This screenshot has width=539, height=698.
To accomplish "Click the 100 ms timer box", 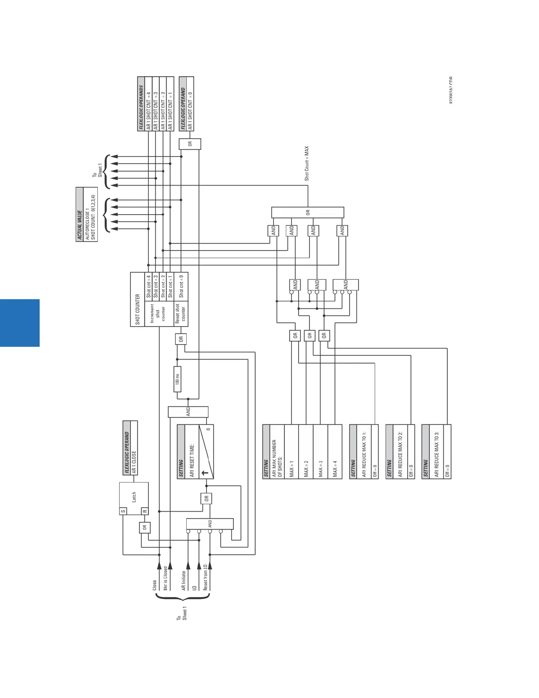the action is click(x=177, y=379).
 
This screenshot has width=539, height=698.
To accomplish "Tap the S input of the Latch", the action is click(x=123, y=511).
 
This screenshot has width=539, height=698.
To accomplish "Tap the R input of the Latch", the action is click(x=144, y=511).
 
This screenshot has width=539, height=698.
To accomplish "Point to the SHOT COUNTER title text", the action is click(x=137, y=309).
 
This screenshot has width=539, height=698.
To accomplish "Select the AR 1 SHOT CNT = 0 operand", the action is click(x=190, y=110).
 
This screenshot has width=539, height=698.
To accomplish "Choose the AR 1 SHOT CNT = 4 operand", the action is click(x=148, y=110).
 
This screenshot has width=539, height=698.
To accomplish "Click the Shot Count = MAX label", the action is click(x=307, y=163).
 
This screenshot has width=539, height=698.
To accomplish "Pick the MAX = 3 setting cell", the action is click(x=320, y=468).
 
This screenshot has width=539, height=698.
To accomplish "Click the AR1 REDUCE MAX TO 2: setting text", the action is click(x=400, y=454).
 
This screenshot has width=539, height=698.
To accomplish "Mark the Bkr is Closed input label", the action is click(x=166, y=579).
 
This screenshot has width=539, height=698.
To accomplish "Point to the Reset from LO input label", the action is click(x=205, y=577).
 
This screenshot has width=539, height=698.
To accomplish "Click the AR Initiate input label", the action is click(x=184, y=581).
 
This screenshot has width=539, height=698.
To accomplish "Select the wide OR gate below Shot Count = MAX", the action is click(x=307, y=212).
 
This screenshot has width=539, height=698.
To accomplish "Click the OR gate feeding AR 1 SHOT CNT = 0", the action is click(x=190, y=144).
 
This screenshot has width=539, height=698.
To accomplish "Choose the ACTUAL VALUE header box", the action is click(x=80, y=214).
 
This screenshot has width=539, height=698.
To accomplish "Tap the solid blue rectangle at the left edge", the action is click(x=20, y=323).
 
